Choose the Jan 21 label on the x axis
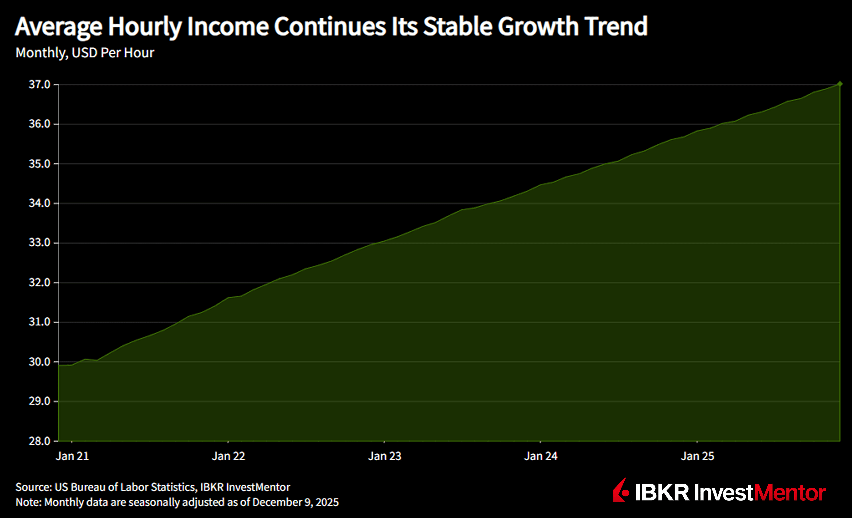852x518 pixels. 72,456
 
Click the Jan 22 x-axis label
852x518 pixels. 228,456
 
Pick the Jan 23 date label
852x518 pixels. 385,456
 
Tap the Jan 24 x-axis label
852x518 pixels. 541,456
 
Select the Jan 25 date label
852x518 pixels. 697,456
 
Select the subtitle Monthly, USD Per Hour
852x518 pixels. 85,53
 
